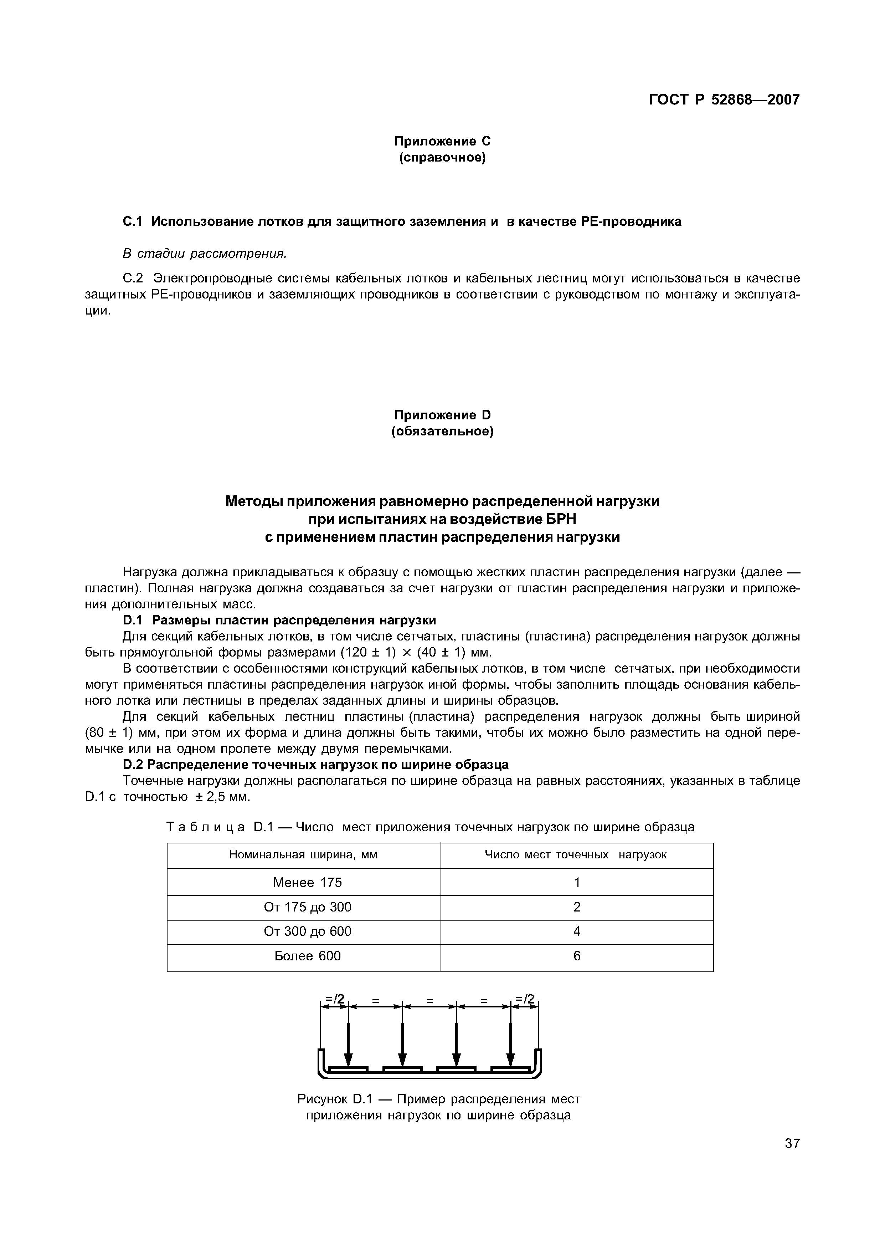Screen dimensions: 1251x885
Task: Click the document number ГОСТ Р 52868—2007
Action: (724, 100)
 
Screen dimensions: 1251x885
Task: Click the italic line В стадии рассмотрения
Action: (204, 254)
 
